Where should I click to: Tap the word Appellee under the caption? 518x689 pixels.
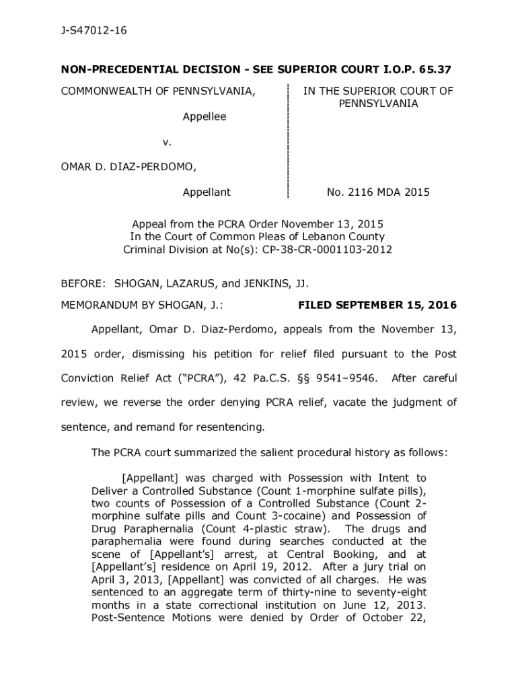click(x=205, y=116)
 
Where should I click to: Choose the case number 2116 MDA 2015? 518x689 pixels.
click(x=378, y=192)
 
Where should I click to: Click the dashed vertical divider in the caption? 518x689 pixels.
click(x=288, y=141)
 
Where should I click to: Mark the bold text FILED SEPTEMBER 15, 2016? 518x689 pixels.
click(x=377, y=305)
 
